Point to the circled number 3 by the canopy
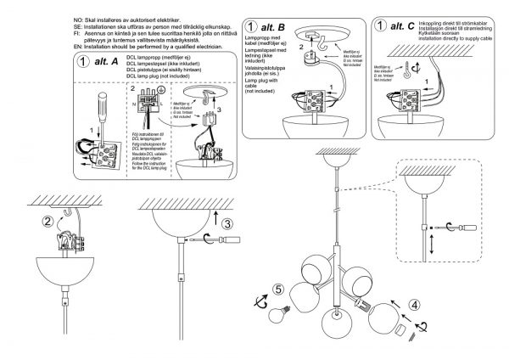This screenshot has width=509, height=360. [228, 223]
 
